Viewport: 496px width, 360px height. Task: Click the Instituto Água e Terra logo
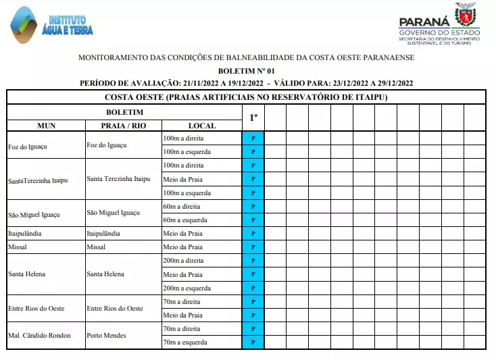(x=51, y=24)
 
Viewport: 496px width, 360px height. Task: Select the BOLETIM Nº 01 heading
(x=247, y=70)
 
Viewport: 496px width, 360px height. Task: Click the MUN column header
(x=47, y=126)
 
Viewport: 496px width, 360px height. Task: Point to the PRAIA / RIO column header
(x=123, y=126)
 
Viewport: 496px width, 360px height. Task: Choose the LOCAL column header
(x=202, y=126)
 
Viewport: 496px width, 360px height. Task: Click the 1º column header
(x=253, y=118)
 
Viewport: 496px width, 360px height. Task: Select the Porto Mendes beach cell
(x=106, y=336)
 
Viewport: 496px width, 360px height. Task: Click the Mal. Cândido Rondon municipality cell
(x=39, y=336)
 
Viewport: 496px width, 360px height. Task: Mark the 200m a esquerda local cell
(x=187, y=288)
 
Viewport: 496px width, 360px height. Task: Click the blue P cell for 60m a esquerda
(x=253, y=220)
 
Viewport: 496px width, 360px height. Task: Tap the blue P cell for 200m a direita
(x=253, y=261)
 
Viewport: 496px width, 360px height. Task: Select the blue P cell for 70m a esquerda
(x=253, y=342)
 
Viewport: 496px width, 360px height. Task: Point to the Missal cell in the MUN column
(x=18, y=247)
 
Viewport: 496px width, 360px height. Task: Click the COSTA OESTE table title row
(x=247, y=97)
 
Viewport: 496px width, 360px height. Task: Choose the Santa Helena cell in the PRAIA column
(x=105, y=274)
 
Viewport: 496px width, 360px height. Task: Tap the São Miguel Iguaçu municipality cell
(x=34, y=214)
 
